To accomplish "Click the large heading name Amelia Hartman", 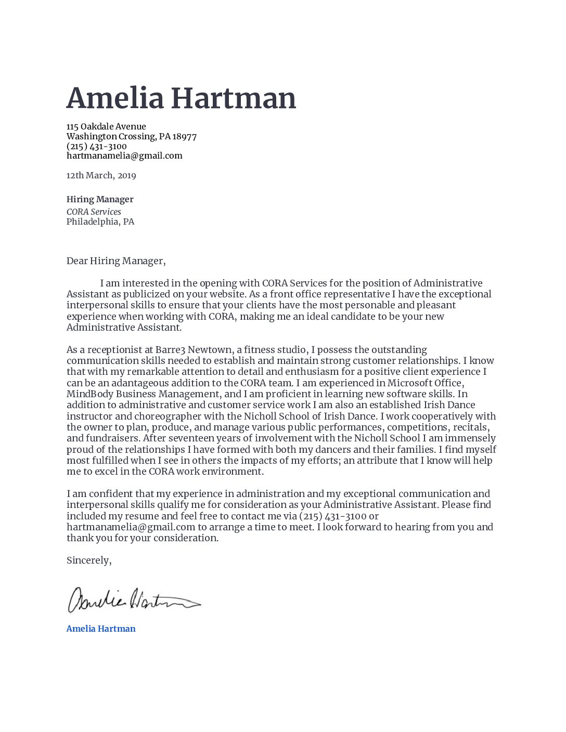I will coord(181,98).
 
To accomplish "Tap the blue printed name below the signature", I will coord(101,629).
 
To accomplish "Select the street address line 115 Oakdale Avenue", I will coord(106,126).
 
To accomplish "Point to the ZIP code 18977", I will coord(185,137).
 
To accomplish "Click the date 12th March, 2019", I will coord(101,175).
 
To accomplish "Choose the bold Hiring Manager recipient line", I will coord(100,199).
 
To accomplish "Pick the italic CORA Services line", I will coord(94,212).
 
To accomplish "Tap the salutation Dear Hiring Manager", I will coord(115,261).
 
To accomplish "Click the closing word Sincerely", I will coord(88,560).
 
